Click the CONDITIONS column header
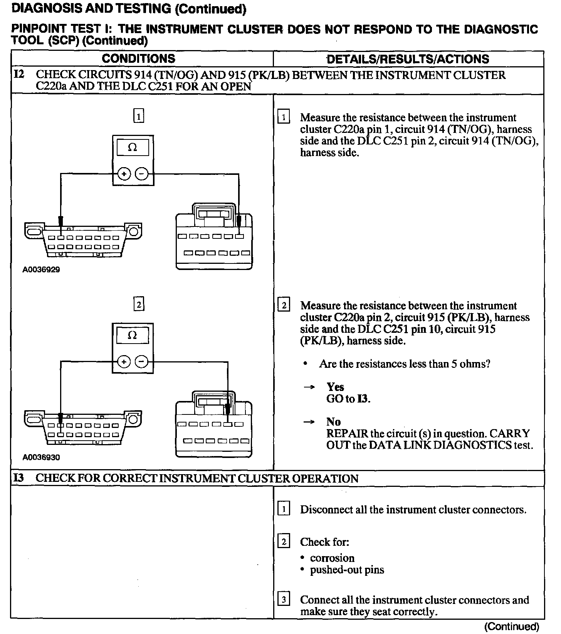pos(138,59)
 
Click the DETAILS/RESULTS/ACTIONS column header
pos(408,59)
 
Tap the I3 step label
pos(18,478)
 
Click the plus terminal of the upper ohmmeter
pos(124,174)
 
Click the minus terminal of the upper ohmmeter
pos(142,174)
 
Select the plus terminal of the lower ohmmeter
pos(124,362)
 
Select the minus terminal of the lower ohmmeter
pos(142,362)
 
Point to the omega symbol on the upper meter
pos(132,148)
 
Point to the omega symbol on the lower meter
pos(132,335)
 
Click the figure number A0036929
pos(41,270)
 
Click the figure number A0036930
pos(41,458)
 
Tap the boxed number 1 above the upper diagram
pos(139,116)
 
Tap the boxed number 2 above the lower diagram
pos(139,305)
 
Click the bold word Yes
pos(335,387)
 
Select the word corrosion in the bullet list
pos(332,558)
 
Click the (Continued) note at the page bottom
pos(511,626)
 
